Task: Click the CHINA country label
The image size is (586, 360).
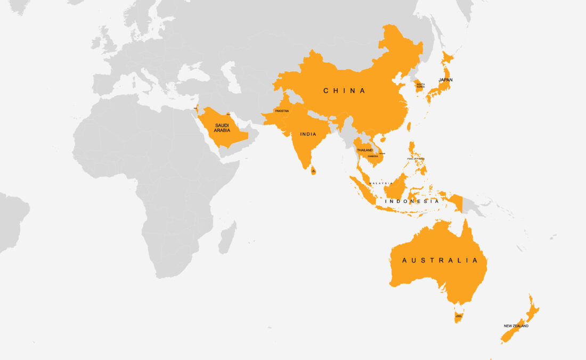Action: [x=345, y=91]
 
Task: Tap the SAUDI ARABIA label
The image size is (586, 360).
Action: [x=222, y=128]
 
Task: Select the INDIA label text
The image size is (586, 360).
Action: [x=308, y=135]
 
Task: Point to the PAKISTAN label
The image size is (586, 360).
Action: [x=282, y=111]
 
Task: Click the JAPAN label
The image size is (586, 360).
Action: [x=445, y=80]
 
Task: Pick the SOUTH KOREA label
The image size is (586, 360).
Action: [x=421, y=85]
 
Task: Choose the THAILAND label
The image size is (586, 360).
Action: [x=365, y=151]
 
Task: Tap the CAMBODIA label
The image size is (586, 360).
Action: [x=373, y=156]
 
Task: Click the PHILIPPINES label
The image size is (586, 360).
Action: [x=416, y=159]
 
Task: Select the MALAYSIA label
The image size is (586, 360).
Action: [x=381, y=183]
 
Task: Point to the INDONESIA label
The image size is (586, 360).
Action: [x=412, y=201]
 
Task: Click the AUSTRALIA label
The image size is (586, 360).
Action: [x=440, y=260]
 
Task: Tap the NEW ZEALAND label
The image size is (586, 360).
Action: [x=516, y=326]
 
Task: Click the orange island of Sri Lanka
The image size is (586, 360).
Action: [x=313, y=170]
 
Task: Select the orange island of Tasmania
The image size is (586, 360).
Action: [x=458, y=317]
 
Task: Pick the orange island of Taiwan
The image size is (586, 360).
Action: [x=409, y=127]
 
